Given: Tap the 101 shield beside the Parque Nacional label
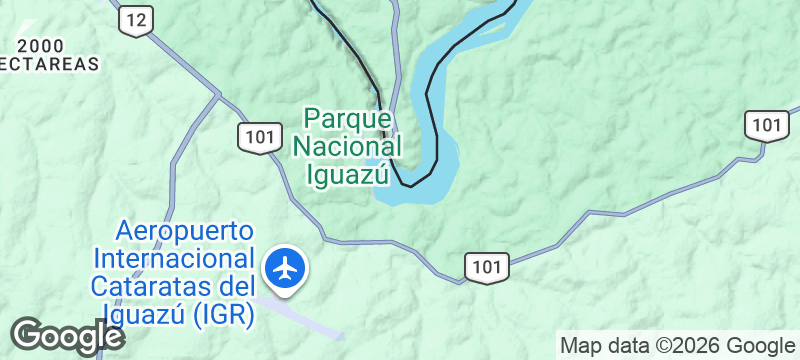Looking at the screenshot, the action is pos(258,137).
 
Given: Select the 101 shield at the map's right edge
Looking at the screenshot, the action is pos(766,125).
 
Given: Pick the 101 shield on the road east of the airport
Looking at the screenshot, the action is pos(487,266).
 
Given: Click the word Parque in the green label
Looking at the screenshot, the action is pos(346,118).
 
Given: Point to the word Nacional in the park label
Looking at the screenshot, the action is pos(347,146).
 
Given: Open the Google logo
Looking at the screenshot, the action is pos(66,336).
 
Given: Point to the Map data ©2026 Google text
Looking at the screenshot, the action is pos(675,346).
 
